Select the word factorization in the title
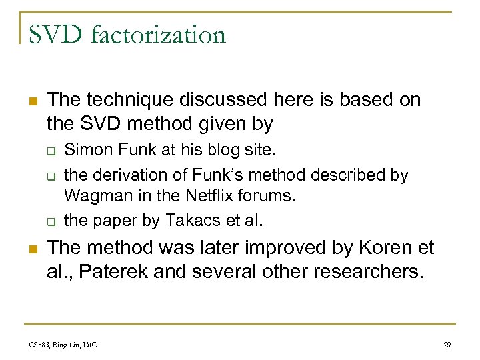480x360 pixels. pyautogui.click(x=159, y=34)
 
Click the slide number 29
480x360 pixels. pyautogui.click(x=447, y=345)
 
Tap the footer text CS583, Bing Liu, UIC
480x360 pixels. pyautogui.click(x=63, y=345)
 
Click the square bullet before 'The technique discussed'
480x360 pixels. pyautogui.click(x=33, y=101)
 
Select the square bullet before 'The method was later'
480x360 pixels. pyautogui.click(x=33, y=248)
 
